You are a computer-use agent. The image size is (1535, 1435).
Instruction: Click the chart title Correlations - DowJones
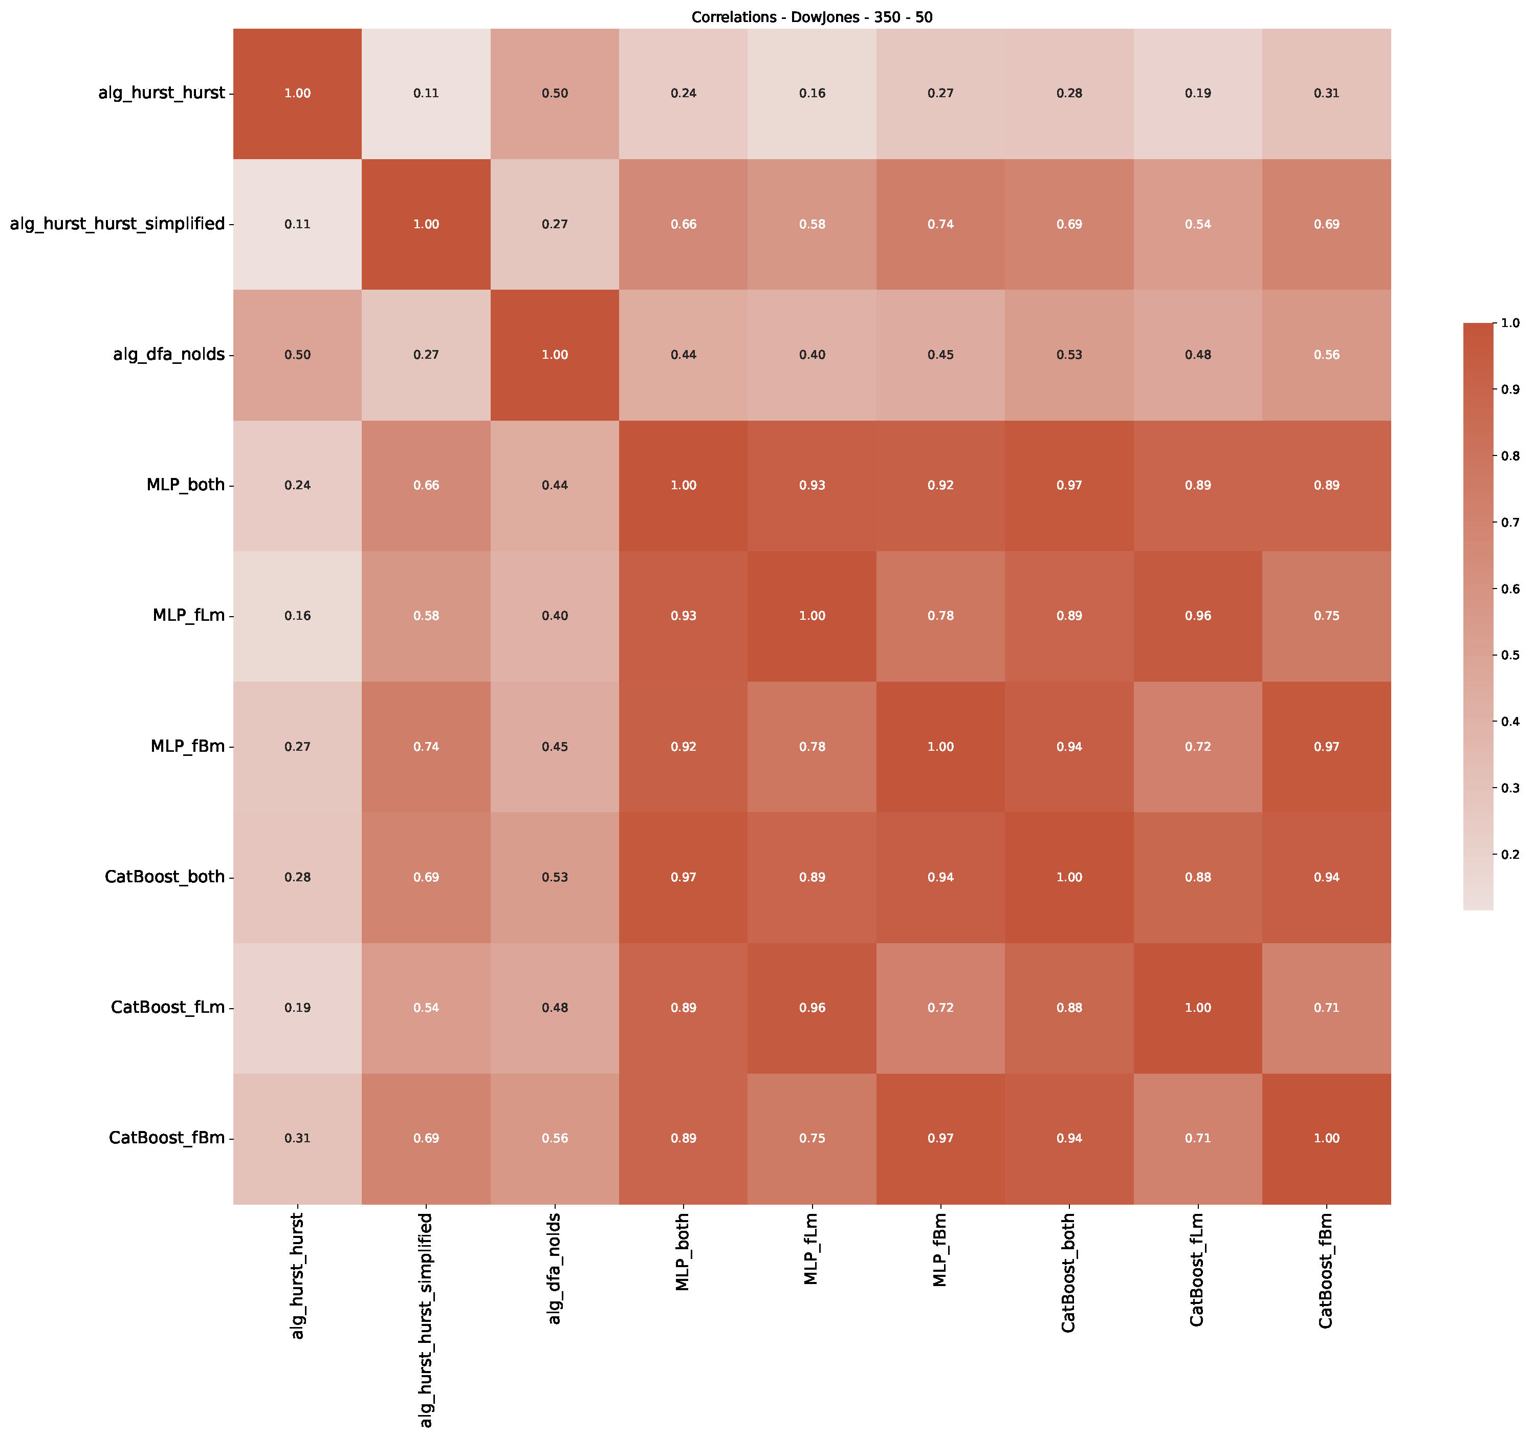pyautogui.click(x=812, y=17)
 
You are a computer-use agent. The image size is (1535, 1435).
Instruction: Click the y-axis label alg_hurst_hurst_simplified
pyautogui.click(x=117, y=224)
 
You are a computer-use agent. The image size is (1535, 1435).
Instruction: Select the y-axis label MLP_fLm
pyautogui.click(x=189, y=616)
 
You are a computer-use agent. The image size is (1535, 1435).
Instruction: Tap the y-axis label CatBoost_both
pyautogui.click(x=165, y=877)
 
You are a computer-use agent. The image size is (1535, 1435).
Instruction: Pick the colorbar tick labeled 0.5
pyautogui.click(x=1509, y=655)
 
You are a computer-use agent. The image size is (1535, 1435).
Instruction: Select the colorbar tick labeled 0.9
pyautogui.click(x=1509, y=389)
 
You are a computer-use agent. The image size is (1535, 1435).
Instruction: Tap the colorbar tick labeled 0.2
pyautogui.click(x=1509, y=854)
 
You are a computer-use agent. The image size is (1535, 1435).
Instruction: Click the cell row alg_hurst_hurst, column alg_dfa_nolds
pyautogui.click(x=555, y=94)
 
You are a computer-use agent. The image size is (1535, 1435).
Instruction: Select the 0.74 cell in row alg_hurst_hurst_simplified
pyautogui.click(x=940, y=224)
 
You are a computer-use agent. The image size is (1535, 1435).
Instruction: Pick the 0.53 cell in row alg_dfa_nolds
pyautogui.click(x=1069, y=355)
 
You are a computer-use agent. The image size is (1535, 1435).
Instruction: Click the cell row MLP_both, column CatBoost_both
pyautogui.click(x=1069, y=485)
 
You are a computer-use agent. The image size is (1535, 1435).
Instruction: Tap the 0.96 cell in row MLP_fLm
pyautogui.click(x=1198, y=616)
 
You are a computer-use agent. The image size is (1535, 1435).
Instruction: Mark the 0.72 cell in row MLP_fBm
pyautogui.click(x=1198, y=746)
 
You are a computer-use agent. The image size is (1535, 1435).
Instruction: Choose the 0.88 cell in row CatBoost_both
pyautogui.click(x=1198, y=877)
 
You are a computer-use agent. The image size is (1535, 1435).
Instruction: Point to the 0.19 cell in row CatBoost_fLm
pyautogui.click(x=297, y=1007)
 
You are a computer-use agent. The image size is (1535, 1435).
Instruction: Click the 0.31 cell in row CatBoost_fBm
pyautogui.click(x=297, y=1138)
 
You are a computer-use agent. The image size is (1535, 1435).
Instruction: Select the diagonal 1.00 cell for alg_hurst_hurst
pyautogui.click(x=297, y=94)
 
